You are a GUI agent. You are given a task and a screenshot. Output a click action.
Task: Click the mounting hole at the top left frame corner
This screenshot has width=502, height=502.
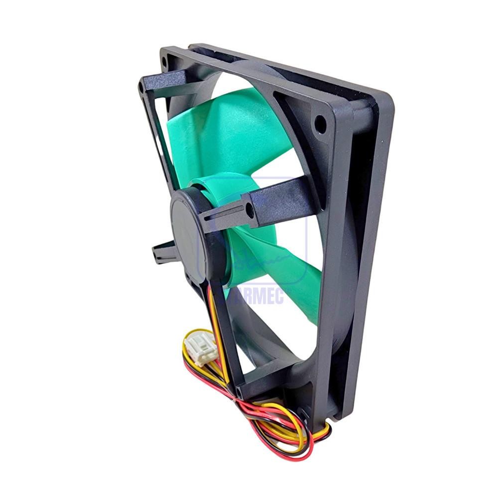tap(164, 62)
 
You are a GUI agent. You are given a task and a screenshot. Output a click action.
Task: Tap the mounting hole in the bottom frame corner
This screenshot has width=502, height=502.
tap(303, 413)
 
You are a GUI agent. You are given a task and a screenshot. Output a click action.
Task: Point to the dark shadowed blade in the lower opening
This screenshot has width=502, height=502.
tap(269, 344)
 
